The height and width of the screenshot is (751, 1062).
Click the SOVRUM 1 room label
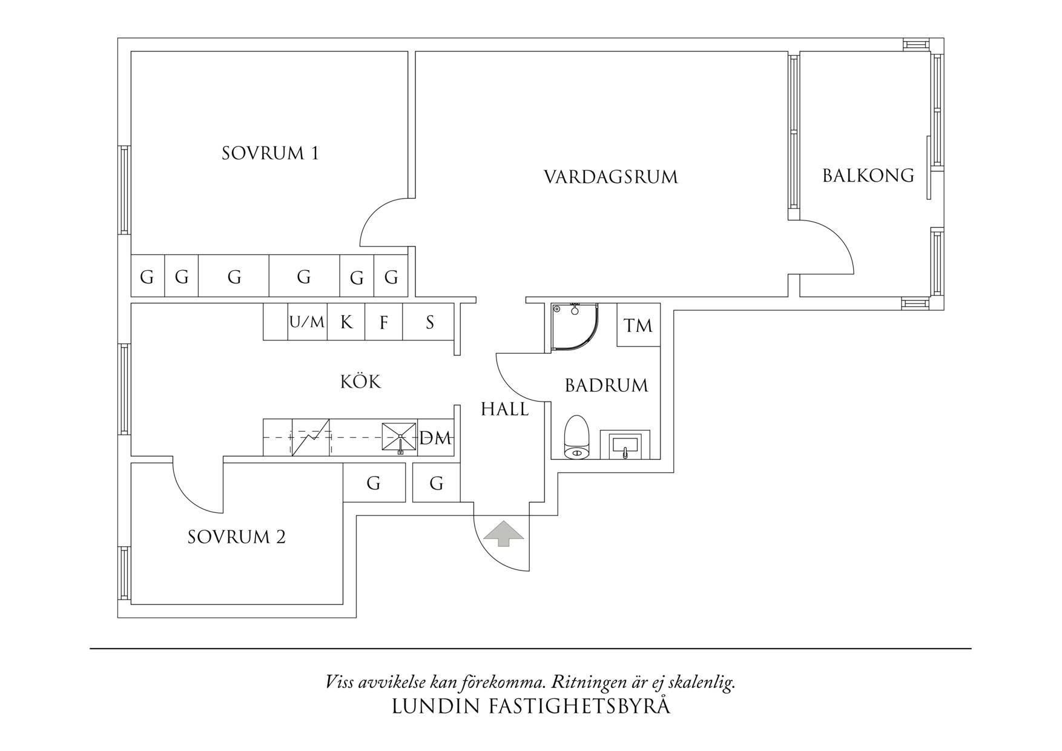coord(270,153)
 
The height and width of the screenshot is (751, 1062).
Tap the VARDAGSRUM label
coord(610,177)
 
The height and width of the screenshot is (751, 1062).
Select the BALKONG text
coord(868,176)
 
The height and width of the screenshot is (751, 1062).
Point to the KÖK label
coord(360,382)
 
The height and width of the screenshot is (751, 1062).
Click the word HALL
coord(504,409)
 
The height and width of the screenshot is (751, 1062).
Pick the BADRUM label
coord(606,386)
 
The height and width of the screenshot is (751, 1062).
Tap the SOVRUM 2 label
coord(236,537)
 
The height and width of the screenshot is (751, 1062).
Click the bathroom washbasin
coord(625,445)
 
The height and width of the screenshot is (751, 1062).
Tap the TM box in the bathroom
coord(638,326)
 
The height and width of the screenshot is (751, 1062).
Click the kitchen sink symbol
coord(399,436)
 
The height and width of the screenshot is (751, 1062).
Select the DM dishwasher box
coord(436,438)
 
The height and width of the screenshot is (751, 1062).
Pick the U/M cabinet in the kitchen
coord(307,322)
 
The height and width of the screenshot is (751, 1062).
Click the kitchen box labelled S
coord(429,322)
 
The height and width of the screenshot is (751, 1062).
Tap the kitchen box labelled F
coord(384,322)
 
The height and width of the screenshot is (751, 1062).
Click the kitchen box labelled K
coord(346,322)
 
